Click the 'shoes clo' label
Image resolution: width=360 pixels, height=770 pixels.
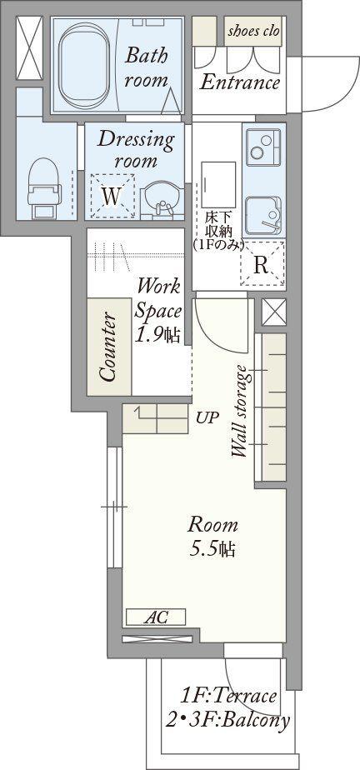pos(253,31)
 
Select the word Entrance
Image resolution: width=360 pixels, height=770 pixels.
pos(240,82)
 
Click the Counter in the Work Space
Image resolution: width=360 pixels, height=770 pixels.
pos(109,346)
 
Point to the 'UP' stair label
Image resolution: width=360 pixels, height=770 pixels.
pos(207,417)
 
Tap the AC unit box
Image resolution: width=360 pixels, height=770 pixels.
pos(156,617)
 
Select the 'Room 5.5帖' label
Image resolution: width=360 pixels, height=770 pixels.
pos(212,537)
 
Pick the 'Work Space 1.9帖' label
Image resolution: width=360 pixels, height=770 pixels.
pos(158,310)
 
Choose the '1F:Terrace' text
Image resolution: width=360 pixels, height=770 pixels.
pos(227,696)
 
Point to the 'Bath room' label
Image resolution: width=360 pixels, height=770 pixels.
pos(146,67)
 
